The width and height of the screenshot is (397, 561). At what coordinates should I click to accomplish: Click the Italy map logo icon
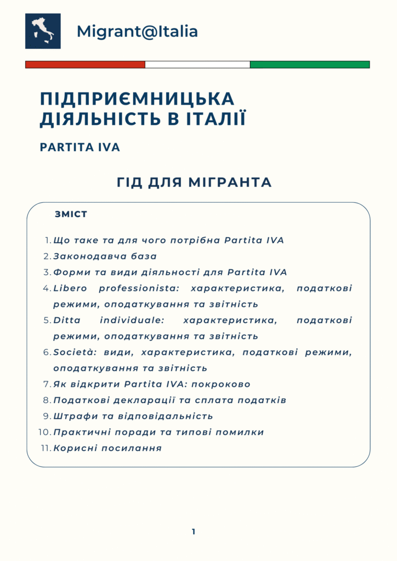point(43,31)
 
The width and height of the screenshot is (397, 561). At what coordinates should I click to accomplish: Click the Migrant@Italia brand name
point(137,31)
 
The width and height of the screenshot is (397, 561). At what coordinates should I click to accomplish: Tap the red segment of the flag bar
point(85,65)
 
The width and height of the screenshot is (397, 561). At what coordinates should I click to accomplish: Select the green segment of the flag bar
point(310,65)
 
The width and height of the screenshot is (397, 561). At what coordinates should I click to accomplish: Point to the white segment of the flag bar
point(197,65)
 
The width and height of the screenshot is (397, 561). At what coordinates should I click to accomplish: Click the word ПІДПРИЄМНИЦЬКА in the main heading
point(137,99)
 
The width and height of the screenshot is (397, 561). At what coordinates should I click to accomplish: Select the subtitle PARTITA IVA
point(80,148)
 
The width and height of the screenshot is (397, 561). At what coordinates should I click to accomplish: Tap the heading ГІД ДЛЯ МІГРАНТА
point(195,182)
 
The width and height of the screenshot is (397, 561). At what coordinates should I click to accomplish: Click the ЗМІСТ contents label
point(71,214)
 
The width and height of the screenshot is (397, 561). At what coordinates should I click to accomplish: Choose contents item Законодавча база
point(105,256)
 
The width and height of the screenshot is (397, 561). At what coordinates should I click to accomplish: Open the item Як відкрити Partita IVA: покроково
point(151,384)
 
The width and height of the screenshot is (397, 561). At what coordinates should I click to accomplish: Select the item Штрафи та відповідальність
point(133,416)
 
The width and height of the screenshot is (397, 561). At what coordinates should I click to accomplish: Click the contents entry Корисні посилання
point(107,448)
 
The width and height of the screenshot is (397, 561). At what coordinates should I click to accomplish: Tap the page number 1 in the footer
point(194,531)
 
